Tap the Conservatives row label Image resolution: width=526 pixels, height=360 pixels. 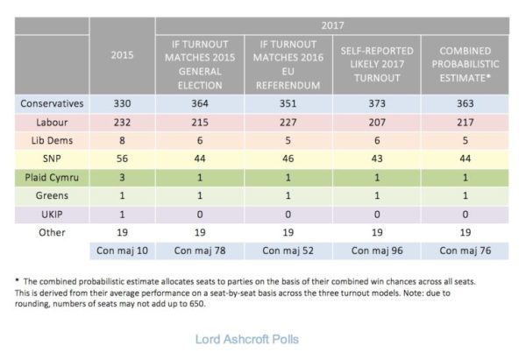tap(53, 103)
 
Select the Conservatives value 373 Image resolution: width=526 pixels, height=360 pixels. tap(375, 103)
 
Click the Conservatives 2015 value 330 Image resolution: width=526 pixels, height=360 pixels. tap(123, 103)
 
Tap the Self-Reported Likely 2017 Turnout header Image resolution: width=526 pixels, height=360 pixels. tap(375, 64)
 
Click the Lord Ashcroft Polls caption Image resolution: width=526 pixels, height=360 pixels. tap(250, 336)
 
